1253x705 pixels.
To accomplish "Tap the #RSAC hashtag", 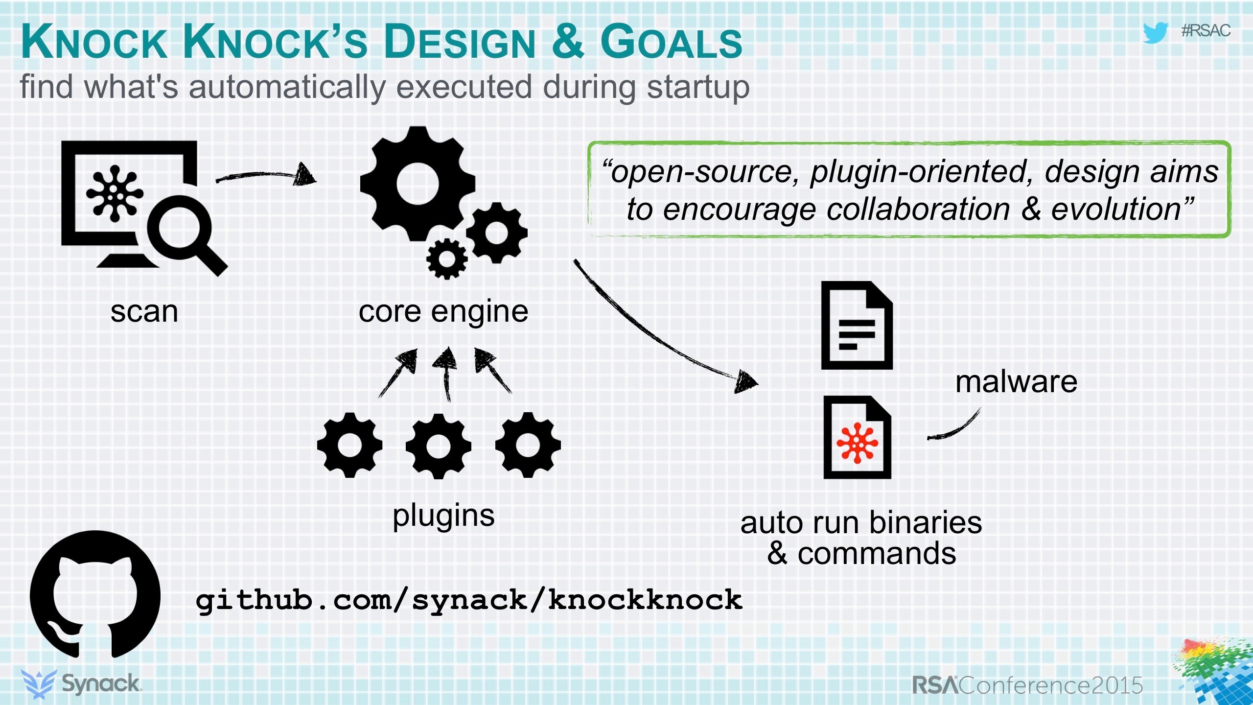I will tap(1206, 31).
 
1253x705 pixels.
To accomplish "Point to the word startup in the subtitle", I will tap(698, 87).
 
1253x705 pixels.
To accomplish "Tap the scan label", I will tap(144, 311).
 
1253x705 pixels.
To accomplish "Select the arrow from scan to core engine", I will tap(267, 175).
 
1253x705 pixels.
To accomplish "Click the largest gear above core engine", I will tap(418, 184).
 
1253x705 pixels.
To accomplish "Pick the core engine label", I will tap(443, 311).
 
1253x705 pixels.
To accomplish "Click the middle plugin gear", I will tap(438, 446).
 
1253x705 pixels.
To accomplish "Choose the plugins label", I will tap(443, 516).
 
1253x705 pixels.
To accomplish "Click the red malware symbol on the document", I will tap(857, 444).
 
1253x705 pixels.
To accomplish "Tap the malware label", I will tap(1016, 382).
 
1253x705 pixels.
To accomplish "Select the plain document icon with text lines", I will tap(857, 325).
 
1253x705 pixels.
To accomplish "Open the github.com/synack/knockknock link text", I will tap(468, 600).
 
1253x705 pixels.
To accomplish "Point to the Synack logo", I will tap(81, 683).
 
